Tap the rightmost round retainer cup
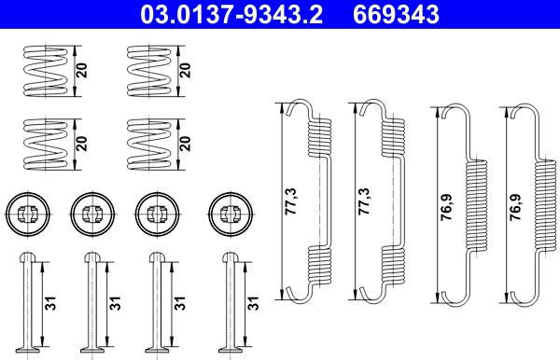click(x=227, y=214)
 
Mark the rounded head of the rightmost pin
click(x=228, y=257)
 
